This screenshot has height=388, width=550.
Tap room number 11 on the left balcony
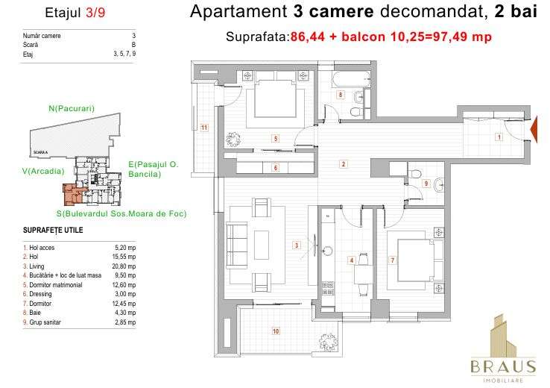pos(203,128)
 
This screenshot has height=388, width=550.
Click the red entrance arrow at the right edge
pos(534,131)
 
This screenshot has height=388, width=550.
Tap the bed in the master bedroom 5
pos(275,98)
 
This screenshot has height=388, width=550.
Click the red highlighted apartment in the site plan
pos(72,195)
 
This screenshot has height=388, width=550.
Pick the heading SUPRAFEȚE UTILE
pos(53,230)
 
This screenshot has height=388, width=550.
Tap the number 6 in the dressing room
pos(275,169)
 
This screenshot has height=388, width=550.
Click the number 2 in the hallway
pos(344,164)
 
